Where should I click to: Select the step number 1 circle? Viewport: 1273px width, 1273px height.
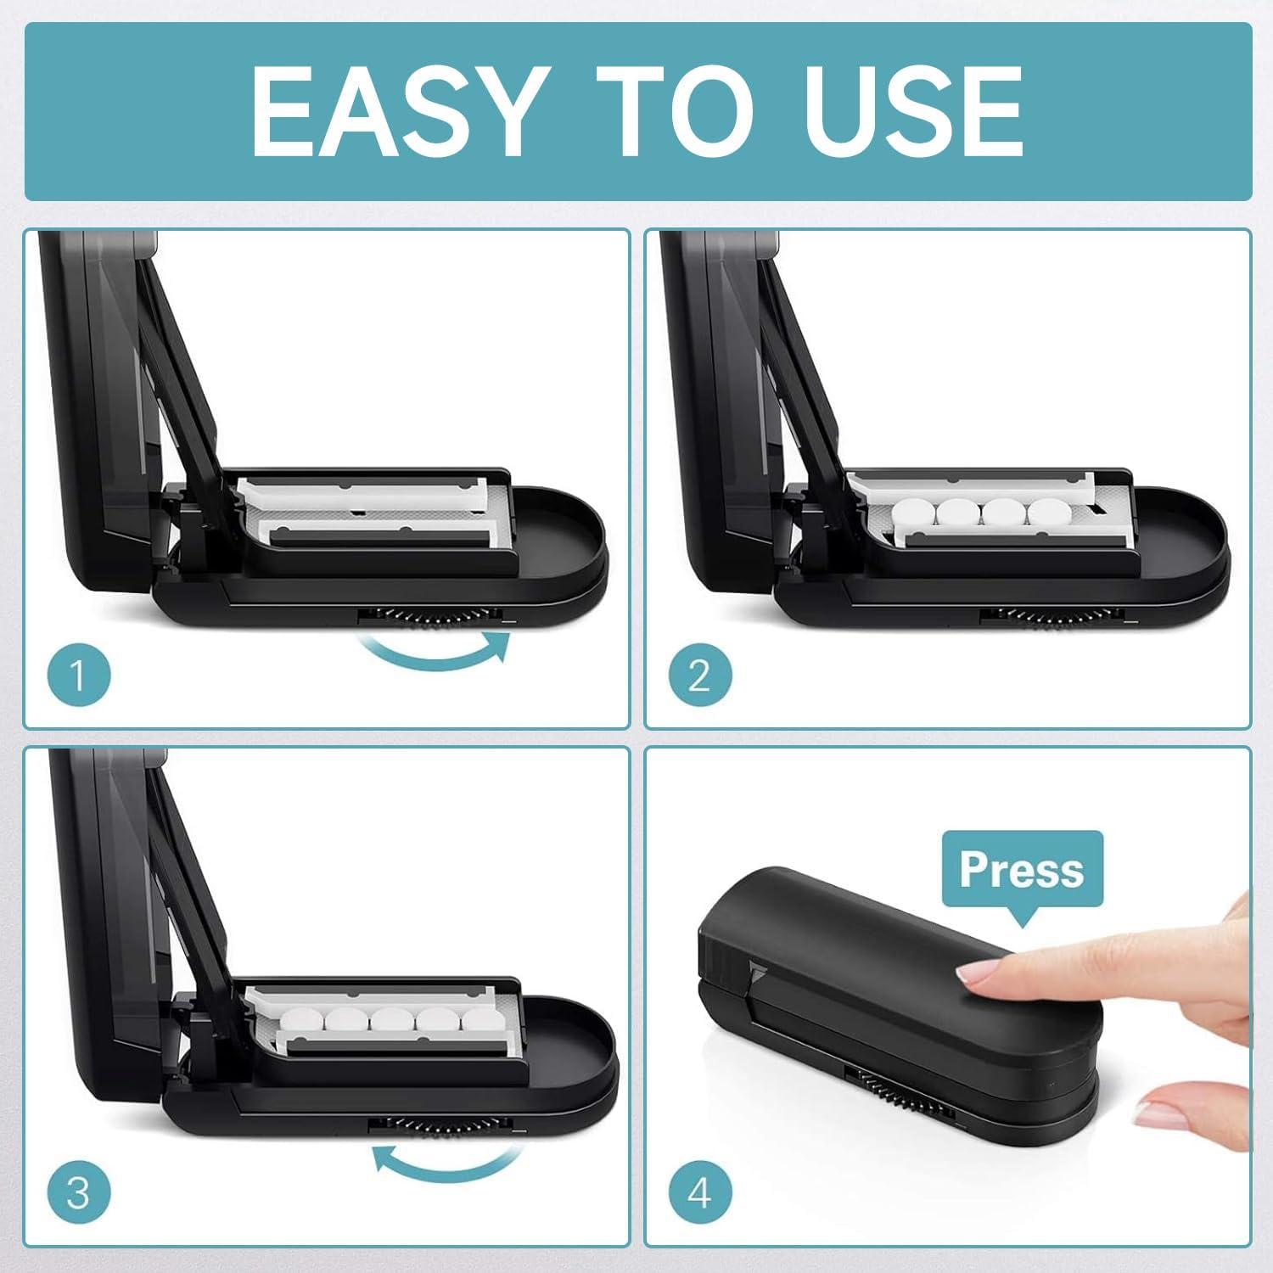coord(78,676)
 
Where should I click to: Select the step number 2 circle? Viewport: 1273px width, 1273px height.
coord(699,676)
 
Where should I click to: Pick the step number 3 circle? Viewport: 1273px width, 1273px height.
coord(78,1192)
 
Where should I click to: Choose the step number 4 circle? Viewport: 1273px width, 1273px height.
coord(699,1192)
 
